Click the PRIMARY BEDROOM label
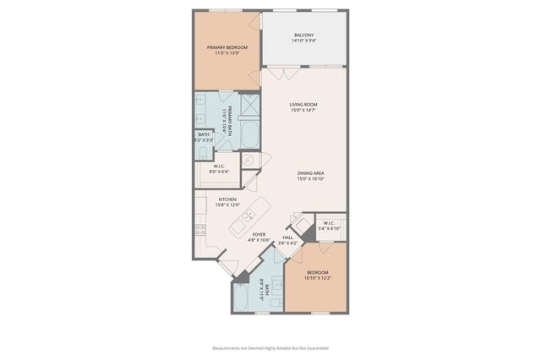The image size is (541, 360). (x=226, y=47)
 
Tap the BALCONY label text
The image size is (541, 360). (x=303, y=35)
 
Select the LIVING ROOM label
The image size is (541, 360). (x=303, y=104)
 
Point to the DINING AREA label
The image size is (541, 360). (x=310, y=173)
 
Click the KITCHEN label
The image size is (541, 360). (x=216, y=199)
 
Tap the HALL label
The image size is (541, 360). (x=287, y=237)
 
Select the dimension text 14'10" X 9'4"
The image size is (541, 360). (x=303, y=41)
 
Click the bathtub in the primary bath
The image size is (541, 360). (x=250, y=134)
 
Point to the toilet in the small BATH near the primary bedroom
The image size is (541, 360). (x=200, y=153)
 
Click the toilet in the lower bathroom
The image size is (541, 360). (x=275, y=304)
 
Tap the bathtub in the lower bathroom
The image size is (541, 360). (x=243, y=299)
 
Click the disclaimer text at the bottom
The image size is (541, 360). (x=270, y=347)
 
